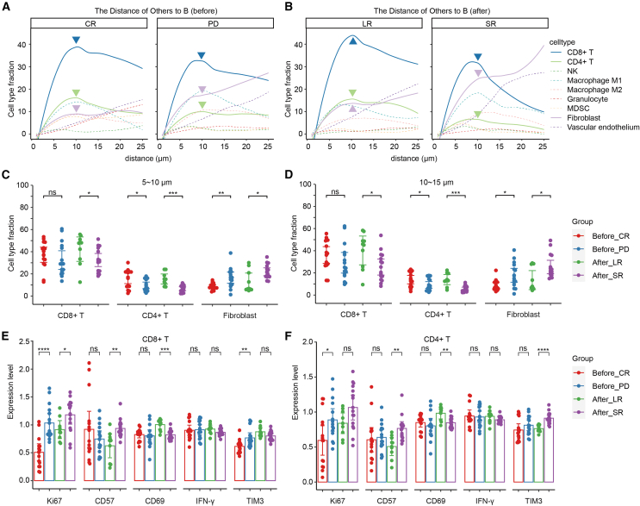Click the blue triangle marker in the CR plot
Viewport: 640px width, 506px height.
76,41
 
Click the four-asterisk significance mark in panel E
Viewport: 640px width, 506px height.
35,348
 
